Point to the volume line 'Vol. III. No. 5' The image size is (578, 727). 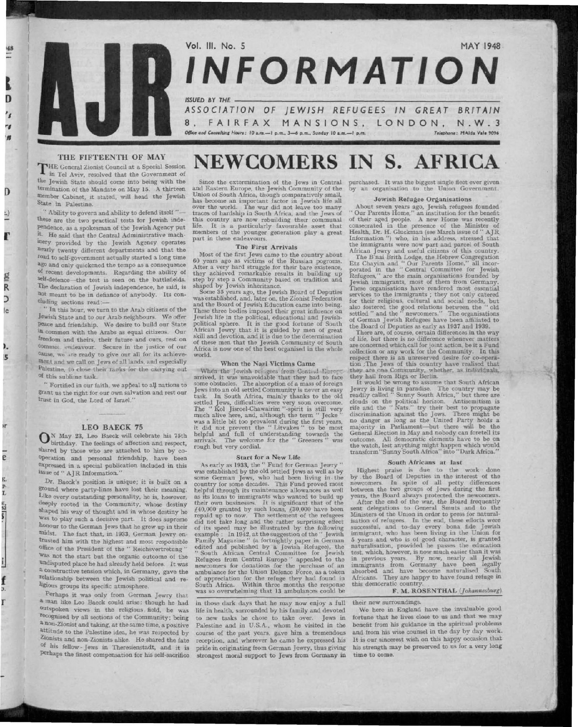pyautogui.click(x=215, y=45)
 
